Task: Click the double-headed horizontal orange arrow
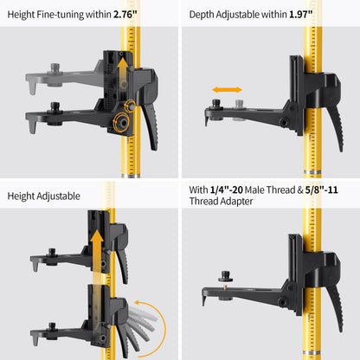(x=227, y=89)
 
